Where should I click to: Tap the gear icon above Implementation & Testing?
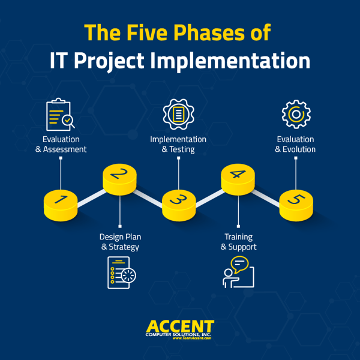(178, 114)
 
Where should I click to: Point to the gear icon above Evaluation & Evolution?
(296, 114)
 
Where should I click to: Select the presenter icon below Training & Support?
(238, 272)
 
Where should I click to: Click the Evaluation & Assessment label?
(61, 144)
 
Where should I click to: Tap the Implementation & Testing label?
(178, 144)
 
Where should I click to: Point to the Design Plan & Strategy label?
(120, 242)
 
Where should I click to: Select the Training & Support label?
(238, 242)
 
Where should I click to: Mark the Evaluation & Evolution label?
(296, 144)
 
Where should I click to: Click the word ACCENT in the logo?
(179, 326)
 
